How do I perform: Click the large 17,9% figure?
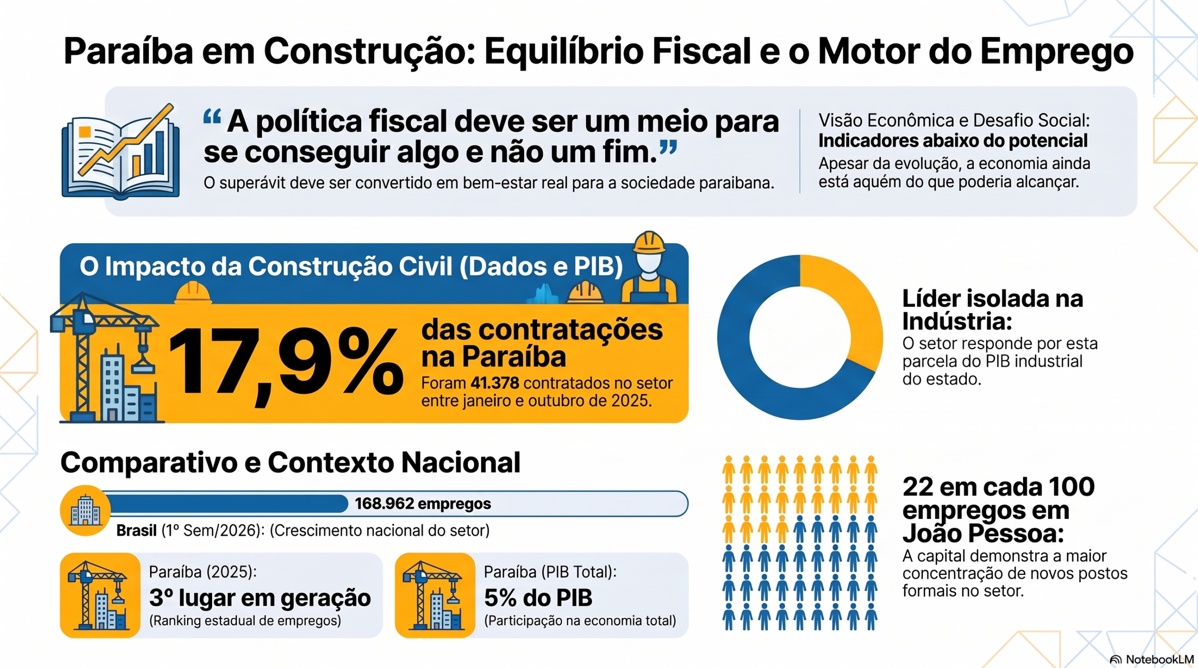285,363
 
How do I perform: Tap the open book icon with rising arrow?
121,151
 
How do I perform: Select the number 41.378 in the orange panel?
495,383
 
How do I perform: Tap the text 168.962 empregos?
423,503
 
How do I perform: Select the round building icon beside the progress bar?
85,510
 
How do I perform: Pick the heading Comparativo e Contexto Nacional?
290,462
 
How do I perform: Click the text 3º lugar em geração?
260,597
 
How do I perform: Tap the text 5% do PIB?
538,597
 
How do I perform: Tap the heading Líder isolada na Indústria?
993,309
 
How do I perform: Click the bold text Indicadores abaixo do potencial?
953,141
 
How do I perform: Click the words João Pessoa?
983,533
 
